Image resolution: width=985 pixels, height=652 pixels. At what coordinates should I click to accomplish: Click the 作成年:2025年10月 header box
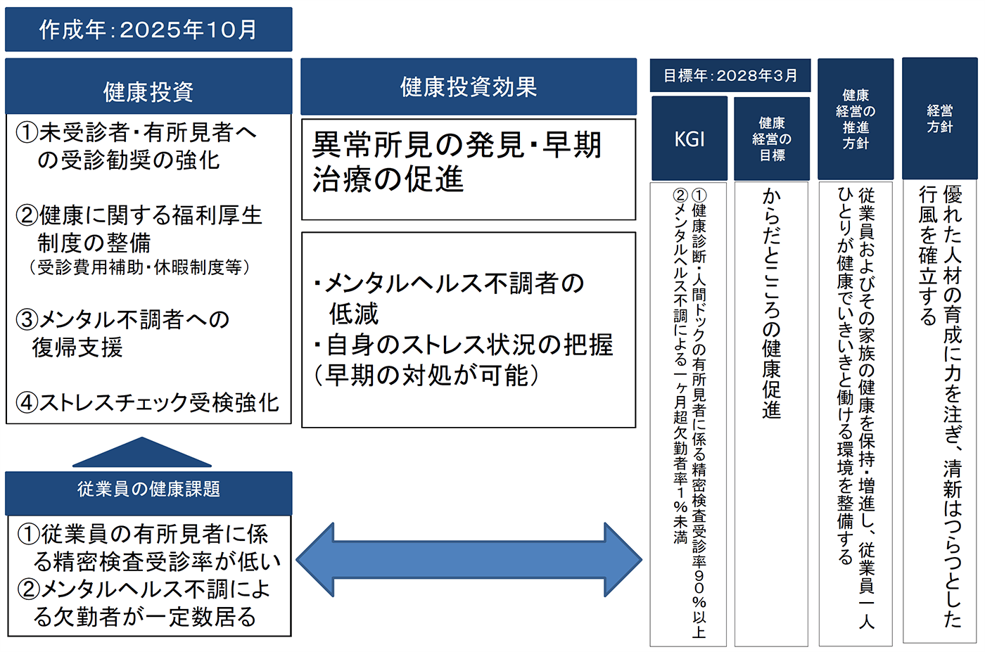point(148,30)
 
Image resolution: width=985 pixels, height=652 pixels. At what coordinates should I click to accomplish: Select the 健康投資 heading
point(148,91)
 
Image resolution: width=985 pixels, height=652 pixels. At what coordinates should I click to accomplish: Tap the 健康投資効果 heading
point(469,87)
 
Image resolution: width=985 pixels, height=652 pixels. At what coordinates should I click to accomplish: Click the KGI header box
point(689,139)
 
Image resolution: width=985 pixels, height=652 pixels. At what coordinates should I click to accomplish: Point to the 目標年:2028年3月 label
point(730,75)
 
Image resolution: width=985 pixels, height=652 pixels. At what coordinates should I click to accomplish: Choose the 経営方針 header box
point(939,119)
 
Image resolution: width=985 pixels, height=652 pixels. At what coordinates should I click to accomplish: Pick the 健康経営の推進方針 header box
point(856,119)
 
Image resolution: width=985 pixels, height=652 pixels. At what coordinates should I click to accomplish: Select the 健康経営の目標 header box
point(772,139)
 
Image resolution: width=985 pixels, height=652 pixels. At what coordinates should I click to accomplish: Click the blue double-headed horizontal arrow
point(469,560)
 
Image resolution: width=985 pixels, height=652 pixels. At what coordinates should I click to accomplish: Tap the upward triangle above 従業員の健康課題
point(142,454)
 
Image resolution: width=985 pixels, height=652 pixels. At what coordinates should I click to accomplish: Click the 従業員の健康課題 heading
point(148,490)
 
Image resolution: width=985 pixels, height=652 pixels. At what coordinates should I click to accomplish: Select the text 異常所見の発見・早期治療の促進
point(457,162)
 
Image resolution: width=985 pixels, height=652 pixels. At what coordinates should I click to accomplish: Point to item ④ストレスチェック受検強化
point(148,402)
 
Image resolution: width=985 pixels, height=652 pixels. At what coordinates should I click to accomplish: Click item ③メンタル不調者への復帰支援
point(123,333)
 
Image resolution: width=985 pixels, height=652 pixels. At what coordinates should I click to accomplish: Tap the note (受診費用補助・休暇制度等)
point(139,267)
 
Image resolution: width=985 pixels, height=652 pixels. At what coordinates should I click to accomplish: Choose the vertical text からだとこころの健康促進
point(772,302)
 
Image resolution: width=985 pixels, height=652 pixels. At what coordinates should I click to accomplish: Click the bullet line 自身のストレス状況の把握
point(464,345)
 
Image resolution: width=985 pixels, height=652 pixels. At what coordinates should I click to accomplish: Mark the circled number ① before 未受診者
point(27,132)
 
